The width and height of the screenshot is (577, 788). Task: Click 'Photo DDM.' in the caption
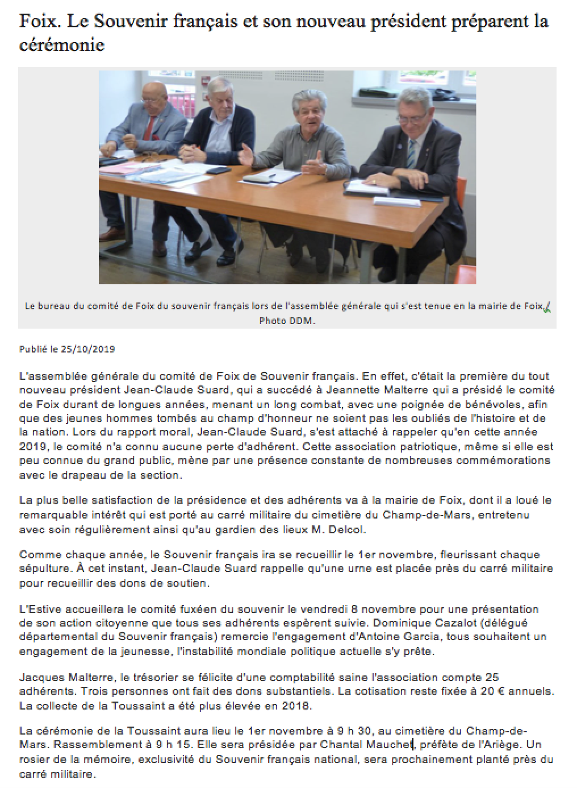tap(287, 321)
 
